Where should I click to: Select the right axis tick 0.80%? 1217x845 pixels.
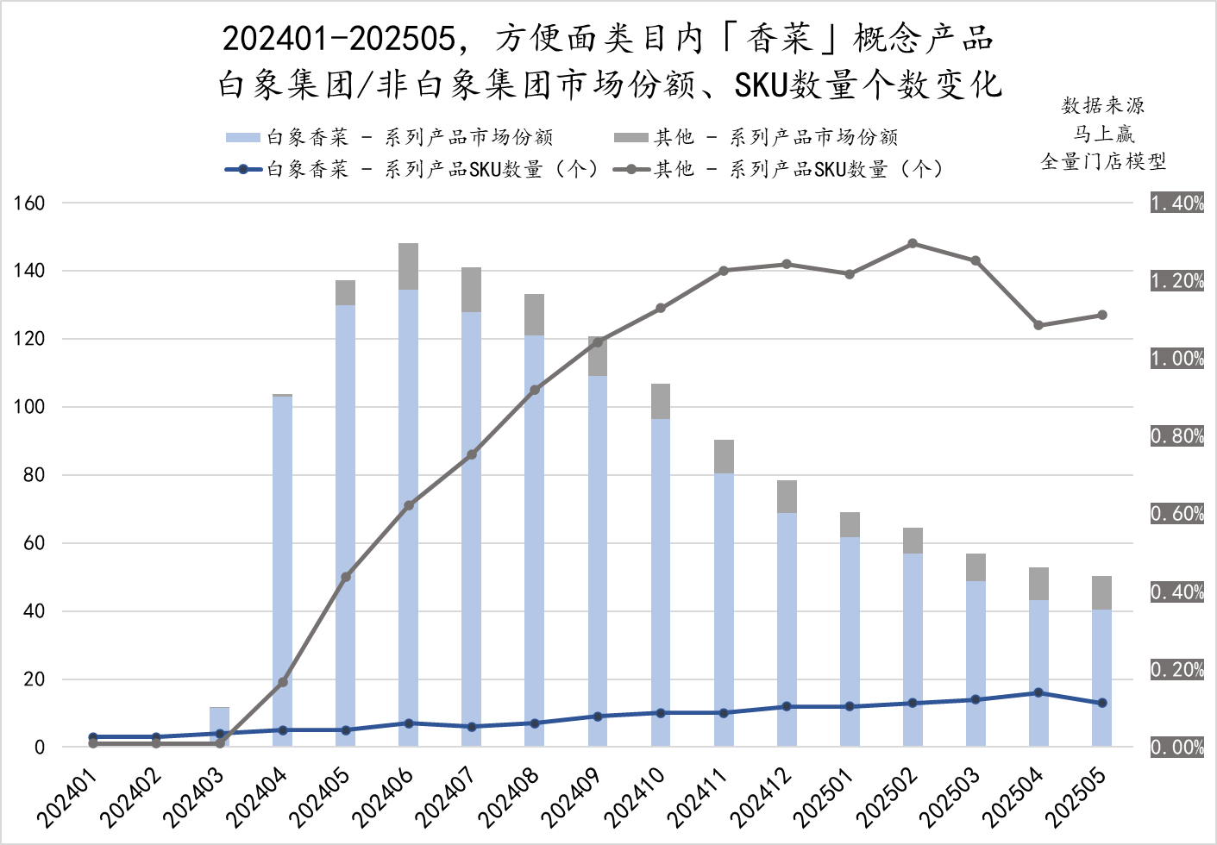(1177, 436)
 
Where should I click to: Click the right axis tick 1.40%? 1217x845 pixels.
(1177, 203)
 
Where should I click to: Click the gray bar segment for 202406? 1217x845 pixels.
(409, 266)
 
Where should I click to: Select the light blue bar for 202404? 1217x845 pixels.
(283, 569)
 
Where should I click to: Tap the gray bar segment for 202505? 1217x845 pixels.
(1101, 593)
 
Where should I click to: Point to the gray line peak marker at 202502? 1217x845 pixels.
(913, 244)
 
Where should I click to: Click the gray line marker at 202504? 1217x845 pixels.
(1038, 325)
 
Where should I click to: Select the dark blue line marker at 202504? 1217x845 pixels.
(1038, 692)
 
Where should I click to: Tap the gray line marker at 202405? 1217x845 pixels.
(346, 577)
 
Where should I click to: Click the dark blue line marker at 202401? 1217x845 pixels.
(93, 737)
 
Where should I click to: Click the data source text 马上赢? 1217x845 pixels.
(1103, 134)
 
